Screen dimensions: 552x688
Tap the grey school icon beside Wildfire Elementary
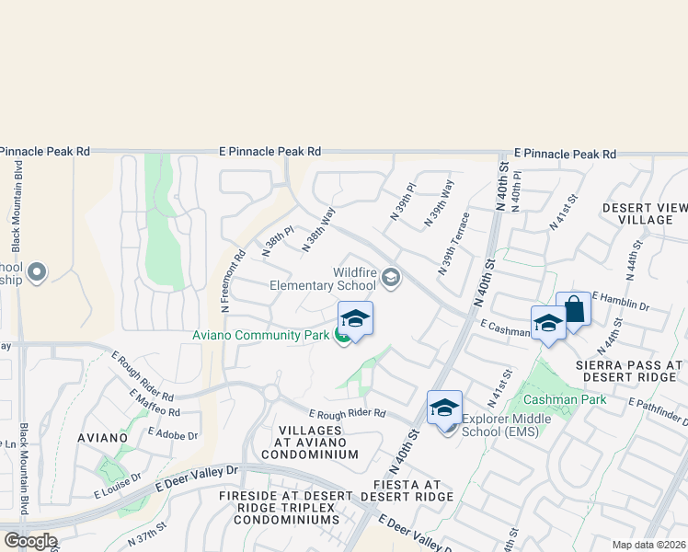[391, 277]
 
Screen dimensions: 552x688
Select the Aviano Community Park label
[260, 335]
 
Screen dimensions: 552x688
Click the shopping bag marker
[573, 309]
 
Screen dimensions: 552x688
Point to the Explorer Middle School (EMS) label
[507, 423]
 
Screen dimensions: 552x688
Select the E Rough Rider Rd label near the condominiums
[347, 413]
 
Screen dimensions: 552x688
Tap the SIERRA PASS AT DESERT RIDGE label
[628, 372]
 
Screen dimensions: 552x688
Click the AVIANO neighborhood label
[102, 437]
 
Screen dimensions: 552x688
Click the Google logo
[29, 541]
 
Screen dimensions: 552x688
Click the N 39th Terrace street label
[453, 243]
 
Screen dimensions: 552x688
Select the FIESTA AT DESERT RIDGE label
[407, 490]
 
